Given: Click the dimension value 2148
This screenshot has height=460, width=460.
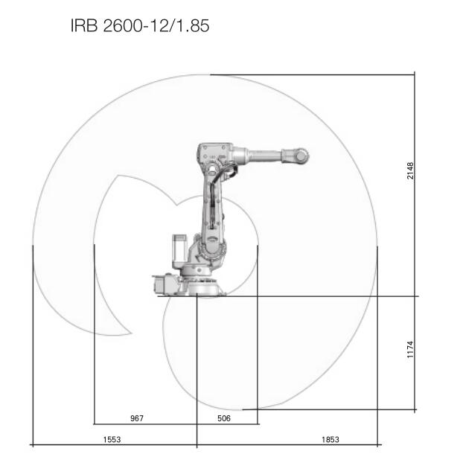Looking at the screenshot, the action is (x=410, y=170).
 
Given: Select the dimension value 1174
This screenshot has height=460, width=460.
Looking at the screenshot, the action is (x=410, y=349).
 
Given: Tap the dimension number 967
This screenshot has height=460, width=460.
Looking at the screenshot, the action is (x=137, y=418).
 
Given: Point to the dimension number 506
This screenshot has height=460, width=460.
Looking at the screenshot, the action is (x=224, y=418).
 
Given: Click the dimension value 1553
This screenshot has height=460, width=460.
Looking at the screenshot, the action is (x=112, y=439).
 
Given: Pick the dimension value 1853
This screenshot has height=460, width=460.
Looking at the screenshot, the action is (x=330, y=439).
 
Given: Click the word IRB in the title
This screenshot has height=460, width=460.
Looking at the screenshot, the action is (x=84, y=25).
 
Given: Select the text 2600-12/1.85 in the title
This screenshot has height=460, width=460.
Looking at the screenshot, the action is (x=156, y=25).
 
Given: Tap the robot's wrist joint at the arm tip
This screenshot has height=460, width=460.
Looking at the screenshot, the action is (x=301, y=156).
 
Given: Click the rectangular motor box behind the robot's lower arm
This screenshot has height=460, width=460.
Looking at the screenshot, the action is (x=179, y=249).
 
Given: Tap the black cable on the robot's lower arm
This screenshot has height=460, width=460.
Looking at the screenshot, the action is (x=214, y=200).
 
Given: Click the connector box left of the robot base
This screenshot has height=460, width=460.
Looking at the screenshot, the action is (x=166, y=284).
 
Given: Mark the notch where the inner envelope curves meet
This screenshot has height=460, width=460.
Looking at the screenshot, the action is (x=176, y=205).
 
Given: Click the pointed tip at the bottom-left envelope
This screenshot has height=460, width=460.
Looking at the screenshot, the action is (x=131, y=333).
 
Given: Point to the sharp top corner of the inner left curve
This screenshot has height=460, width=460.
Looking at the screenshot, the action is (x=118, y=176).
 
